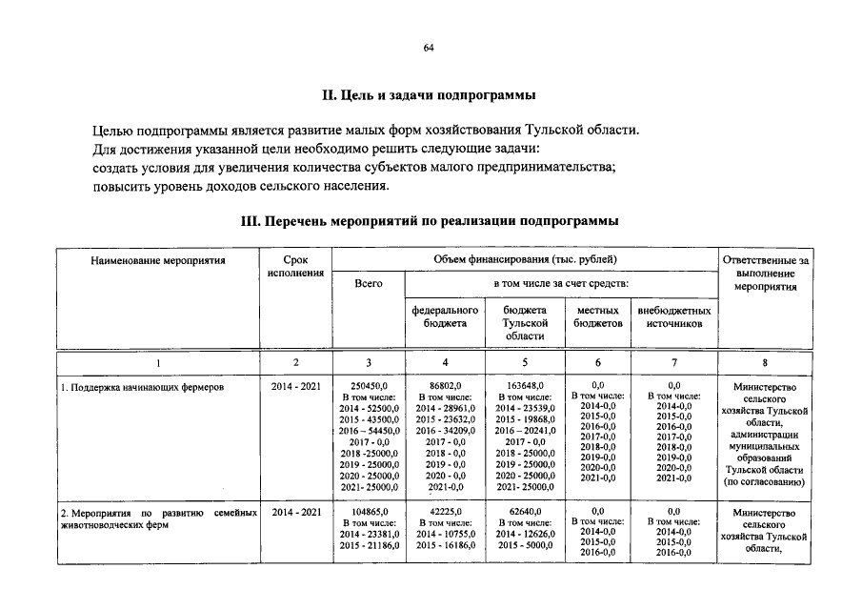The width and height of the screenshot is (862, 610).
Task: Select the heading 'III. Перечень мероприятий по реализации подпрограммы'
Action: (x=431, y=220)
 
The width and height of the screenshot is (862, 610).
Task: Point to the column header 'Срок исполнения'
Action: (x=296, y=266)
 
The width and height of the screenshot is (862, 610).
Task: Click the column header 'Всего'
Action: (x=368, y=284)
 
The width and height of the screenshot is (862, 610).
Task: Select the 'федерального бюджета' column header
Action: (x=445, y=317)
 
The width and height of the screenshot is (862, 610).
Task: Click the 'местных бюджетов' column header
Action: (x=598, y=317)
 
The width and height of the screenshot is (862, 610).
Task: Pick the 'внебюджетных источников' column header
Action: (x=673, y=317)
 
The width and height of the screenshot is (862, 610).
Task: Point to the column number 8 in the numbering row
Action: (x=765, y=362)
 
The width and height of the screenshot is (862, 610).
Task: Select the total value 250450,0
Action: (x=368, y=386)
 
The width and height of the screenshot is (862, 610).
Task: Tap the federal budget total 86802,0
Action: (x=445, y=386)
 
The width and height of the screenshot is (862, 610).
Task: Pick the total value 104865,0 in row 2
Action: (x=368, y=512)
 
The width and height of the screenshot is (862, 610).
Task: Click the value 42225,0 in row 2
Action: (x=445, y=512)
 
